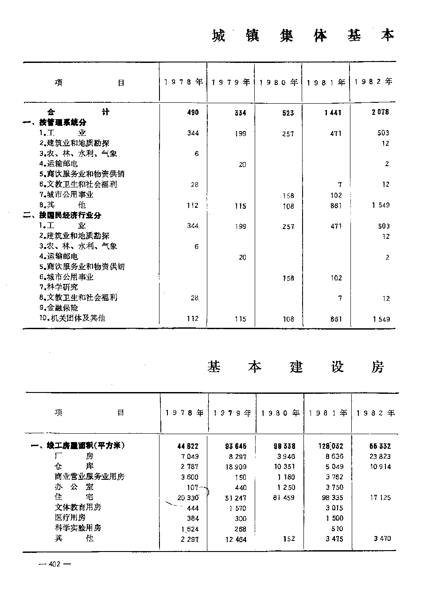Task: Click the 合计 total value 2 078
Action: pos(381,113)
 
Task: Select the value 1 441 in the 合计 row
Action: pos(333,113)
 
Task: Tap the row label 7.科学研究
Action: pos(58,287)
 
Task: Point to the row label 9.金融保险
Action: pos(58,308)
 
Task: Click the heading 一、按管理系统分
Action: pos(55,122)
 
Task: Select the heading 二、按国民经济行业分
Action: pos(62,215)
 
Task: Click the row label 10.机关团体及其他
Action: pos(72,318)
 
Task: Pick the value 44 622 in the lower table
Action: pos(188,447)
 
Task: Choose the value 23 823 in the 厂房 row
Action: pos(379,457)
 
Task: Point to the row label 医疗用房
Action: pos(70,517)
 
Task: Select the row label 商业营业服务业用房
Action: pos(89,477)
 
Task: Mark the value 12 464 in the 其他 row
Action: pos(235,540)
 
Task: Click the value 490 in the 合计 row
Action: pos(193,113)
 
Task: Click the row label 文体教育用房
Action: pos(78,507)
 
